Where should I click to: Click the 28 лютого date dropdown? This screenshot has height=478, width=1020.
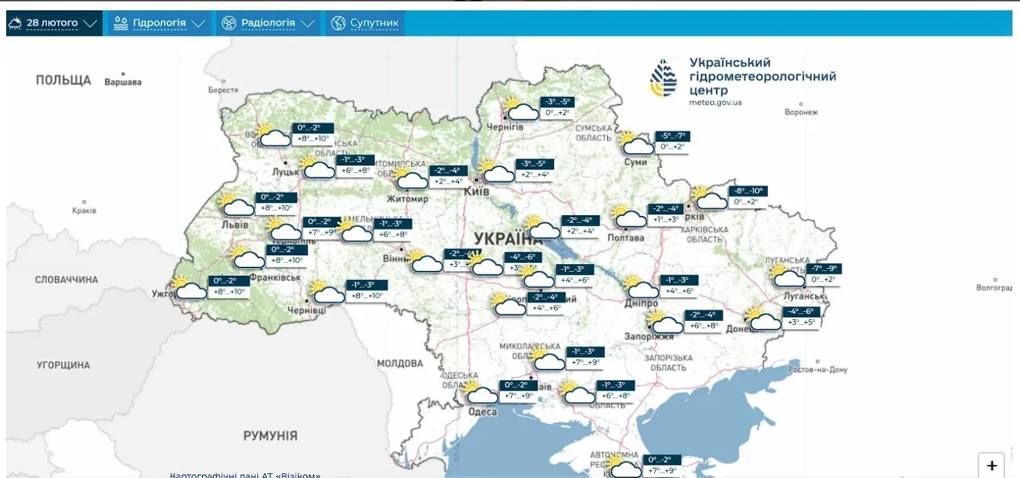pyautogui.click(x=53, y=23)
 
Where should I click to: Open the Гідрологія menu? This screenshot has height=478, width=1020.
pyautogui.click(x=159, y=23)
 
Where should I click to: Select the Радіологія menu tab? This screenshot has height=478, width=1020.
pyautogui.click(x=267, y=23)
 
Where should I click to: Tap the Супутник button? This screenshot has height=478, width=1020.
pyautogui.click(x=365, y=23)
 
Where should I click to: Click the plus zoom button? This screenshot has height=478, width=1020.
pyautogui.click(x=992, y=466)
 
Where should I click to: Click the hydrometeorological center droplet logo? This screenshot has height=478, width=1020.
pyautogui.click(x=663, y=77)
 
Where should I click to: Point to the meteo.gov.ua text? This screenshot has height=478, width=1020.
pyautogui.click(x=715, y=103)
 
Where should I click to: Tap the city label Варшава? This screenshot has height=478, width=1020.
pyautogui.click(x=123, y=82)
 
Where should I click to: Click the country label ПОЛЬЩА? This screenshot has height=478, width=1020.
pyautogui.click(x=63, y=81)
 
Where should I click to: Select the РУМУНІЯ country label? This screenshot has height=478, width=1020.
pyautogui.click(x=270, y=436)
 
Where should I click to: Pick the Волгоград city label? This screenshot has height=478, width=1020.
pyautogui.click(x=997, y=288)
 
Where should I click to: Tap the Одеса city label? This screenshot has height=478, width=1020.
pyautogui.click(x=482, y=412)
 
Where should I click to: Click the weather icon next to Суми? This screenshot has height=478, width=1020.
pyautogui.click(x=635, y=143)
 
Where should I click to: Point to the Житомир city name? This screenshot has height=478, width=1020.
pyautogui.click(x=408, y=199)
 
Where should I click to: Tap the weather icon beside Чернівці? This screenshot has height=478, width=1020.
pyautogui.click(x=326, y=292)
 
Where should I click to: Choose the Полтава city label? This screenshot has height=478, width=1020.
pyautogui.click(x=626, y=238)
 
